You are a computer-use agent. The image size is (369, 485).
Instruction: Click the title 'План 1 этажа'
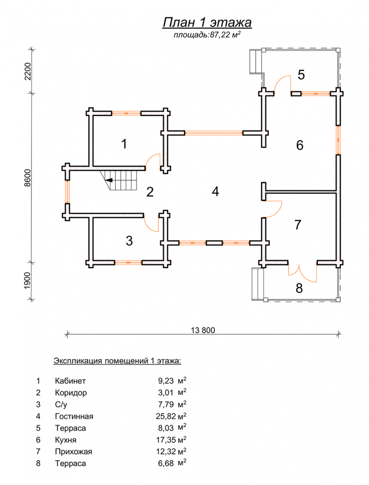click(206, 22)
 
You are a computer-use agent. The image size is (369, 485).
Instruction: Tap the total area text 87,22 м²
click(207, 35)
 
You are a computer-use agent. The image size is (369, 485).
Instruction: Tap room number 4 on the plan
click(215, 192)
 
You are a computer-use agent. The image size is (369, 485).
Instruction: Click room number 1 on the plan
click(124, 144)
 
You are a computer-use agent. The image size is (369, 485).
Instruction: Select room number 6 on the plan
click(300, 145)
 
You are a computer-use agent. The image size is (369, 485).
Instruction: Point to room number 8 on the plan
click(299, 288)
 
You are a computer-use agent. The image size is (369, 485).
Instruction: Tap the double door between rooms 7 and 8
click(301, 272)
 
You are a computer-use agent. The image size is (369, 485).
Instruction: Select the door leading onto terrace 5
click(281, 83)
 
